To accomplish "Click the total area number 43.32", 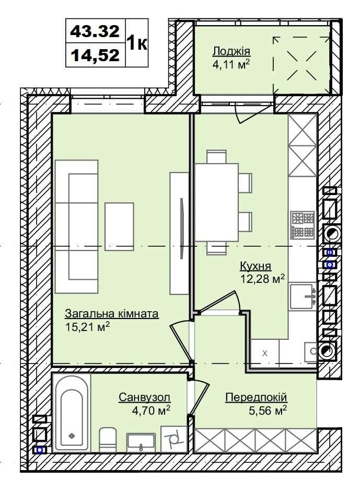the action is [x=95, y=31].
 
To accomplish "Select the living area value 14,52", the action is [x=95, y=55].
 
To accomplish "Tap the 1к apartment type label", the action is [x=137, y=43].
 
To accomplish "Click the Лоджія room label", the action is [x=231, y=51].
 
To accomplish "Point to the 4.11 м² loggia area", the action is [x=231, y=65].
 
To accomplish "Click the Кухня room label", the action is [x=255, y=266].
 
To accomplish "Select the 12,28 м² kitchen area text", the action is [x=263, y=279].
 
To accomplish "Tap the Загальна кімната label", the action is [x=112, y=313].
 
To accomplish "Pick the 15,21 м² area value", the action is [x=88, y=327].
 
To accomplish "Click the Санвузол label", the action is [x=145, y=397].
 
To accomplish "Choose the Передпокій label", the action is [x=256, y=397].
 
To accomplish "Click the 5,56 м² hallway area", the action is [x=268, y=410].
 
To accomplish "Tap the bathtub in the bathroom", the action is [x=72, y=414].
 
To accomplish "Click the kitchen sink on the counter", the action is [x=303, y=296].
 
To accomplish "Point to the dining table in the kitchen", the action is [x=216, y=202].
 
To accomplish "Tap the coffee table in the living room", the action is [x=119, y=226].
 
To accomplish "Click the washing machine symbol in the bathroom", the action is [x=173, y=439].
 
